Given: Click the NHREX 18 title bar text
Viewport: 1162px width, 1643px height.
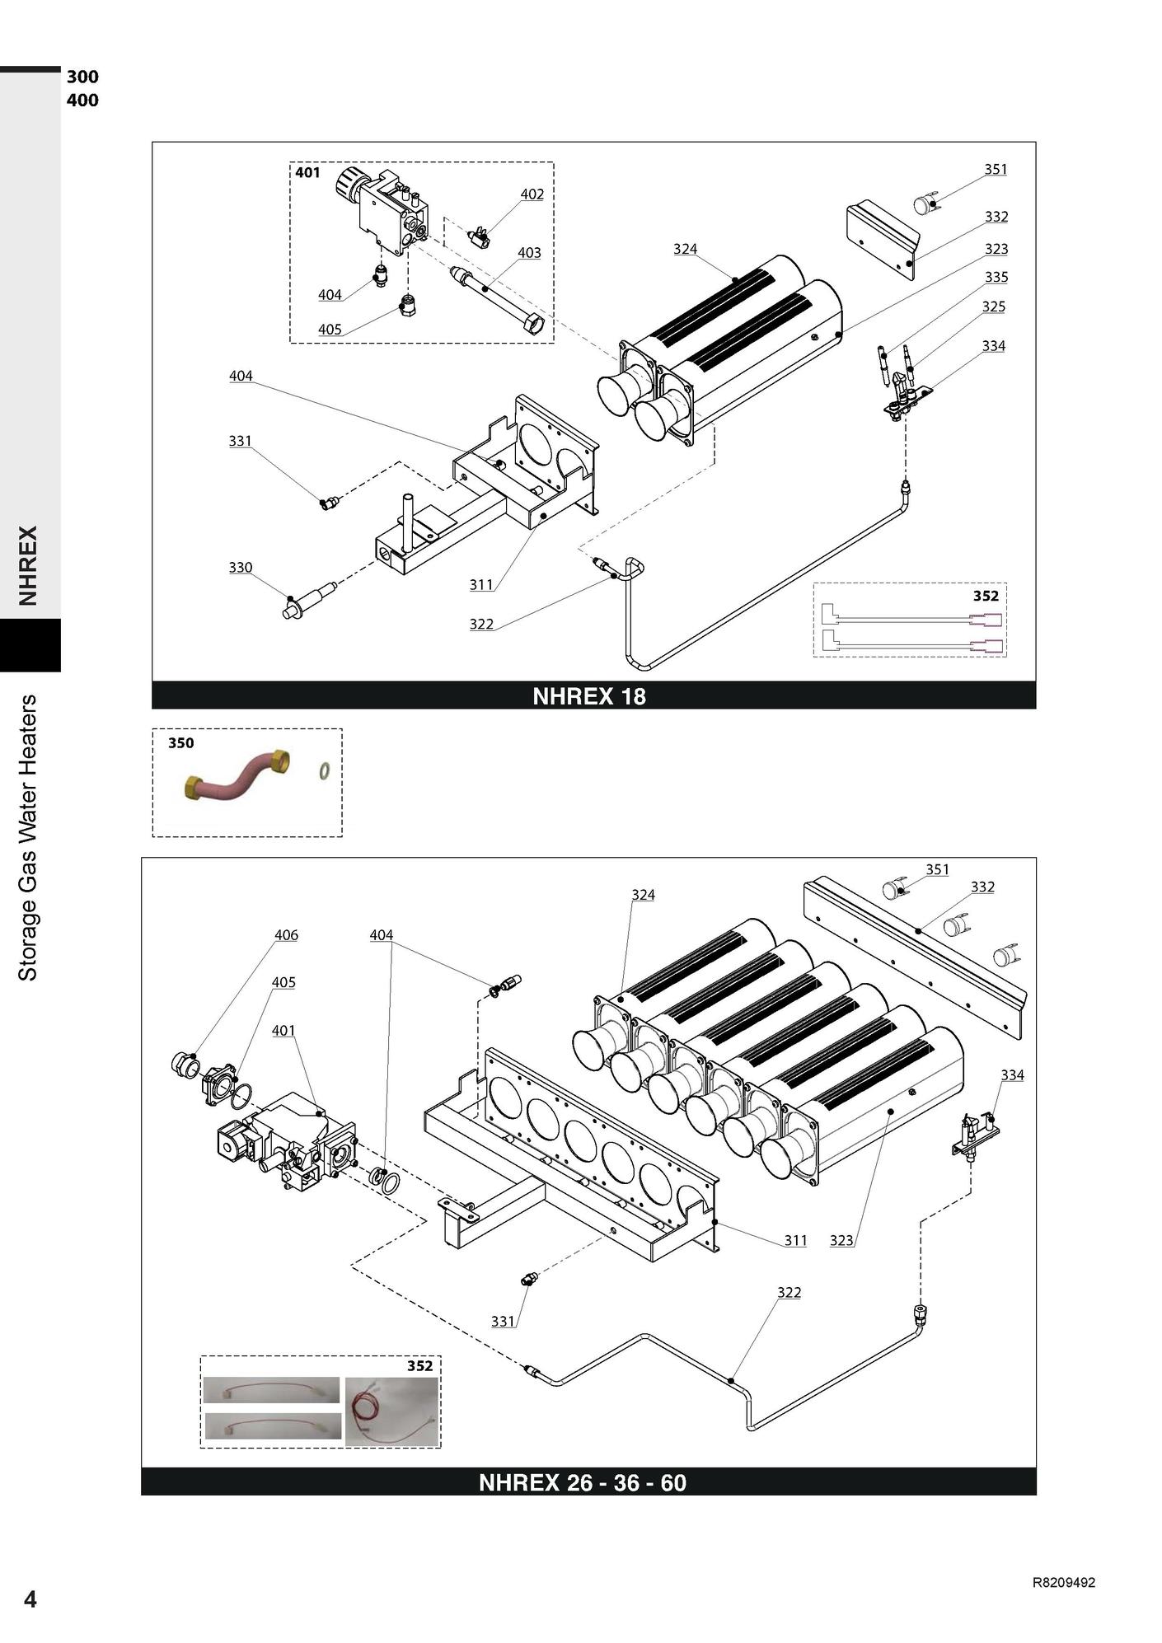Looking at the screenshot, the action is click(x=589, y=696).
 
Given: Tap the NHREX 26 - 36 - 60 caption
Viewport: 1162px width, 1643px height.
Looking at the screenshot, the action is click(x=583, y=1482).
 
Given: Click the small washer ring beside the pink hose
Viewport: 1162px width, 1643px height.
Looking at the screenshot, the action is click(x=326, y=772).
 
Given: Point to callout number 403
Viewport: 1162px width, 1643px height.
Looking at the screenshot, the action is click(x=529, y=253).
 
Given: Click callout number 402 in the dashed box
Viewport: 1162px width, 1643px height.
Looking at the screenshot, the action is click(x=532, y=194).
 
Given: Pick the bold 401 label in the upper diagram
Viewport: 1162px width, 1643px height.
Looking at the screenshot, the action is click(x=307, y=173).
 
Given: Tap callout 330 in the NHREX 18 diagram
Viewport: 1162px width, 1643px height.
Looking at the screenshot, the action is click(x=241, y=568).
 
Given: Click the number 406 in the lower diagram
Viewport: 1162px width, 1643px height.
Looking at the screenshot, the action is click(x=287, y=935).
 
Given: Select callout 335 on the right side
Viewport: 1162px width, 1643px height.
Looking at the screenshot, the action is click(x=996, y=278).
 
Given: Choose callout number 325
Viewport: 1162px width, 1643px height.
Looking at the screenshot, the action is click(x=994, y=307).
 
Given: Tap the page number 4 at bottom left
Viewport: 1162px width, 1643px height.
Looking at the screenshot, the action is click(x=30, y=1599).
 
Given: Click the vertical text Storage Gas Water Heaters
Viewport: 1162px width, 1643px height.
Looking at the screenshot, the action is click(x=28, y=838).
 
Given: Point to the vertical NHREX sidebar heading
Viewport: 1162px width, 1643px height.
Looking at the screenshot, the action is click(x=29, y=566).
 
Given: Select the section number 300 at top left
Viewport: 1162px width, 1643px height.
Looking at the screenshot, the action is click(x=82, y=77).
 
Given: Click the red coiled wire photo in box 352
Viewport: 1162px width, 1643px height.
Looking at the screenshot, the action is click(x=391, y=1411).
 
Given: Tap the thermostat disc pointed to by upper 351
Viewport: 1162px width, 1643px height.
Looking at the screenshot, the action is click(x=925, y=203).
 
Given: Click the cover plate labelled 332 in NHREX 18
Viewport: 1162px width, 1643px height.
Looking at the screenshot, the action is click(x=883, y=241).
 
